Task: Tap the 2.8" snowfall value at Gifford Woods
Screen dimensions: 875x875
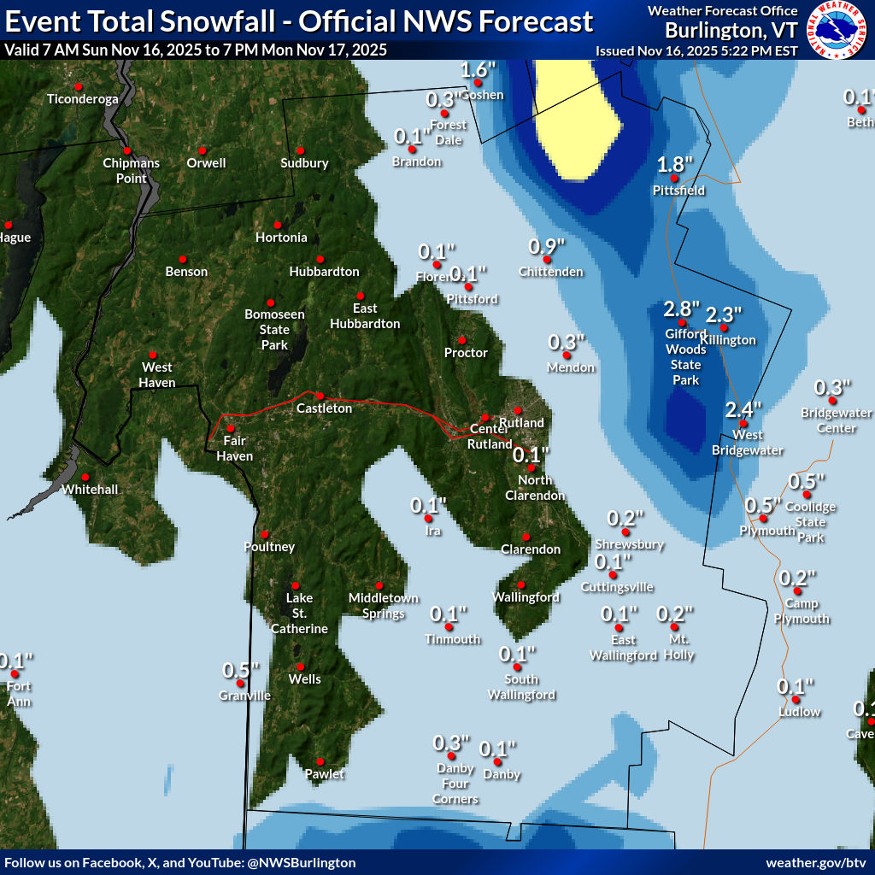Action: point(682,308)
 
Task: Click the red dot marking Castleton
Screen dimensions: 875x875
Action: point(320,396)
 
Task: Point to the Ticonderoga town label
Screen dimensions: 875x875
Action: point(82,99)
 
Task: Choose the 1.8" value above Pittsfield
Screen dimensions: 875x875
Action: point(674,165)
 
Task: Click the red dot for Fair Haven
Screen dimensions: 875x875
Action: point(230,428)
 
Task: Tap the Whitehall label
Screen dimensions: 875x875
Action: point(90,490)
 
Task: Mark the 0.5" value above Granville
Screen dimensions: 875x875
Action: point(241,670)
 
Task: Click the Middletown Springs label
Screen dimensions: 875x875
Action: point(383,605)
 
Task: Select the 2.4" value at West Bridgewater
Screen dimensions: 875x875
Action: point(743,409)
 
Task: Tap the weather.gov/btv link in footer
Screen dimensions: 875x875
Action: point(817,863)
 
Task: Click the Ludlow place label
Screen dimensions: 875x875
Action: point(799,712)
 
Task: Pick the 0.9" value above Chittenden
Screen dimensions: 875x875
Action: point(547,247)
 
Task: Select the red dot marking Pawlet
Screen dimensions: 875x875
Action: point(320,761)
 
